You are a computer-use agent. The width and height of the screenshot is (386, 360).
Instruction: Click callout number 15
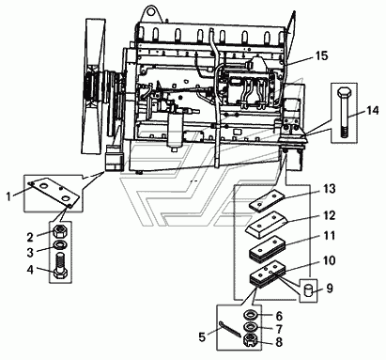point(321,55)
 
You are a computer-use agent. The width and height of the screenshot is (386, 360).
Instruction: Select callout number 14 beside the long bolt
point(373,111)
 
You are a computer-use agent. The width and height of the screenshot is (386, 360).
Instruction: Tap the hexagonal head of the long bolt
point(343,93)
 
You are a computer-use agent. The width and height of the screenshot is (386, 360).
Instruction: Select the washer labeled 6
point(251,314)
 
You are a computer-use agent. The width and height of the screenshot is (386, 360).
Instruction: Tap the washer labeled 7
point(251,327)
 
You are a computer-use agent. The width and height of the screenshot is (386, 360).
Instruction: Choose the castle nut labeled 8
point(251,341)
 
